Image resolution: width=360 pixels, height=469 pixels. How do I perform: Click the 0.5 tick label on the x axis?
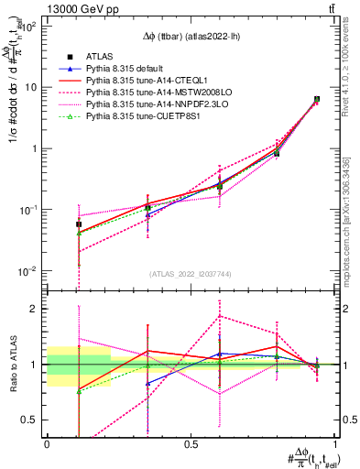tap(191, 446)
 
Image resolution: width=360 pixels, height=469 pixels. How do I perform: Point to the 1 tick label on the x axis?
tap(335, 446)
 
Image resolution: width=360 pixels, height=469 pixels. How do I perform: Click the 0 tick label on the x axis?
tap(47, 446)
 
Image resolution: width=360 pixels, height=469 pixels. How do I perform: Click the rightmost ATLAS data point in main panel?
tap(317, 99)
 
